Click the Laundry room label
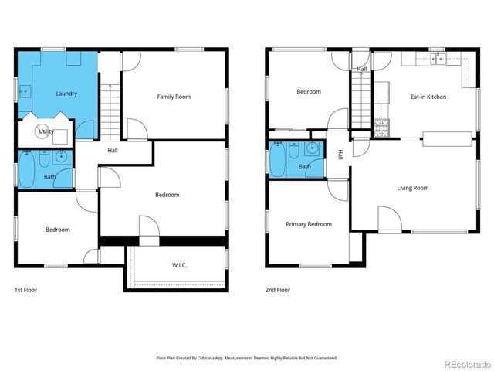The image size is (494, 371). (x=66, y=94)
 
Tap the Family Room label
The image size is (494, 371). (x=174, y=97)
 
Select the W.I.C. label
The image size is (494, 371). (x=179, y=266)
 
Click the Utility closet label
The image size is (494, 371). (x=46, y=132)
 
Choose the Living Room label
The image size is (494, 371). (x=413, y=188)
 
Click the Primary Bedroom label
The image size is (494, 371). (x=309, y=224)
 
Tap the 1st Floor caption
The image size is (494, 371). (x=25, y=290)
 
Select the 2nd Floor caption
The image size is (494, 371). (x=278, y=290)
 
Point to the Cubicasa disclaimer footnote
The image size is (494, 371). (x=247, y=358)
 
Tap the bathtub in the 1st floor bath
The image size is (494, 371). (x=27, y=172)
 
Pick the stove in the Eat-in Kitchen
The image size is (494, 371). (x=382, y=128)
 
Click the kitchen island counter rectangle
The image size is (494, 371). (x=448, y=138)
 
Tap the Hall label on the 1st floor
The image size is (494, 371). (x=113, y=150)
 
